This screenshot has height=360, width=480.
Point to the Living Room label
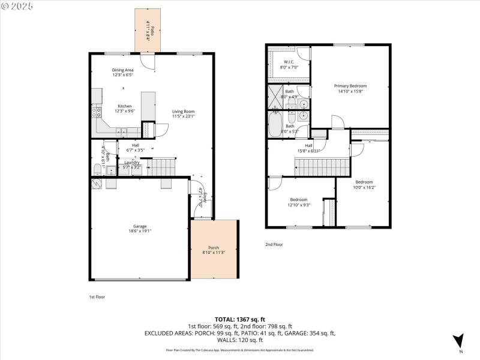click(x=184, y=113)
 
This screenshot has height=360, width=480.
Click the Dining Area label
click(x=122, y=73)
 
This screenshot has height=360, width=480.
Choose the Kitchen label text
click(x=125, y=108)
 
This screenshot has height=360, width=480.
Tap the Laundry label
click(x=132, y=164)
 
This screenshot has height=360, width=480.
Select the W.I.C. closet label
click(x=286, y=64)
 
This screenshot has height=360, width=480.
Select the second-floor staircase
click(x=322, y=167)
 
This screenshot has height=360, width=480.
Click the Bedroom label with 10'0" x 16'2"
click(x=364, y=184)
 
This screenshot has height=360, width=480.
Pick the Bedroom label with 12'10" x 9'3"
click(x=299, y=202)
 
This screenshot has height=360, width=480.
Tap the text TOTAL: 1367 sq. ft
click(x=240, y=319)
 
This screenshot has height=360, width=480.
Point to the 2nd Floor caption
click(x=274, y=244)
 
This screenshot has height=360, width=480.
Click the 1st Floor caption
click(x=97, y=296)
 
